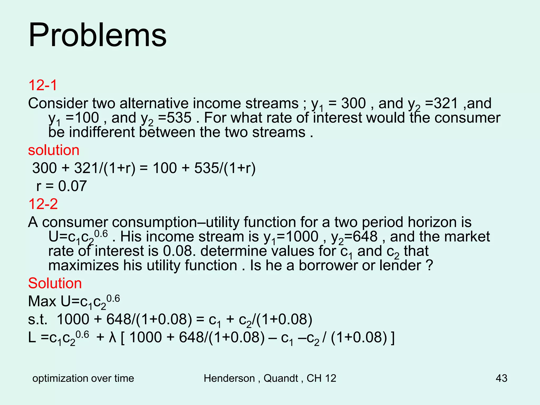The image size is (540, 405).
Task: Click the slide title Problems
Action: pos(97,35)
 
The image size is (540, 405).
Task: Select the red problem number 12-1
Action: pos(42,85)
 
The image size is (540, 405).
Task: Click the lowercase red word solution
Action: pos(54,150)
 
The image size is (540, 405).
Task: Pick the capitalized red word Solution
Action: pos(55,283)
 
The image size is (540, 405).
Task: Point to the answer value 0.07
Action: pos(72,186)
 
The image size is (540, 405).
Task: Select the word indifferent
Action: pos(102,132)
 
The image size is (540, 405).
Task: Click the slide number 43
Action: pos(501,378)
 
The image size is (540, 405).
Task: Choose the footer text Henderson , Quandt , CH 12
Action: pos(270,378)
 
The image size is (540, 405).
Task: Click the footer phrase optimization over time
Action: pos(83,378)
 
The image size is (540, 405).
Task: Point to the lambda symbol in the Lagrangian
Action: pos(113,337)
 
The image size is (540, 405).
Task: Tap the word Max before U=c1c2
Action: pos(42,301)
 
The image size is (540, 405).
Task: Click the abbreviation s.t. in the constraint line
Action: pos(38,320)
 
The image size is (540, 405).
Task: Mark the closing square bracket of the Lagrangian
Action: pos(393,338)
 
